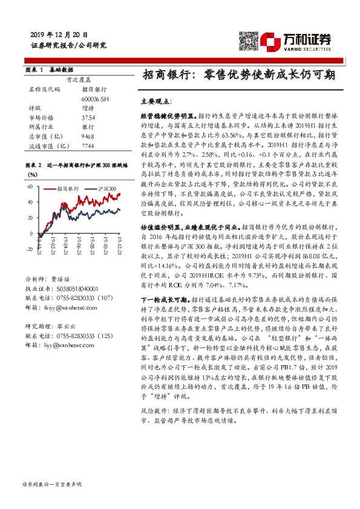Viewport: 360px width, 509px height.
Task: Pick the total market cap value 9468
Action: click(x=88, y=137)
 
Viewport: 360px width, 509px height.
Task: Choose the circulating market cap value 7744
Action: click(x=88, y=146)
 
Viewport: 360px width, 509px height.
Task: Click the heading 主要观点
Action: click(x=156, y=102)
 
